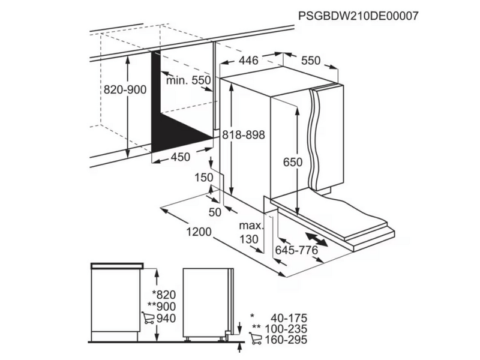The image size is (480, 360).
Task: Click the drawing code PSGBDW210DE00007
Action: tap(358, 16)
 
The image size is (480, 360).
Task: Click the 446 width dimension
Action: tap(248, 61)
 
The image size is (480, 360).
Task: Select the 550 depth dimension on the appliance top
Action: tap(311, 61)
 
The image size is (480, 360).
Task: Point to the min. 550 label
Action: tap(188, 80)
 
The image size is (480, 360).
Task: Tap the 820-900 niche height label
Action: tap(125, 89)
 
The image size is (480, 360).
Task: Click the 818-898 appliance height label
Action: tap(244, 134)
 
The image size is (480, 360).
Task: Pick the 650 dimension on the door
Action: tap(293, 162)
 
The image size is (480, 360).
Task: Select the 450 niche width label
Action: tap(181, 157)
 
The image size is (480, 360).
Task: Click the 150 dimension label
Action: tap(204, 178)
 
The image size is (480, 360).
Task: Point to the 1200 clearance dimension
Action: tap(199, 232)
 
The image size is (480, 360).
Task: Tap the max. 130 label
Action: tap(251, 232)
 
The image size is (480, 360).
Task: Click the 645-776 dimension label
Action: tap(296, 250)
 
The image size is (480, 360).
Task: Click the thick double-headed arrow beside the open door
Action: tap(316, 239)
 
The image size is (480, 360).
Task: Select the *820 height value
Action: tap(164, 295)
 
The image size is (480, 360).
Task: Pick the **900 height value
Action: tap(161, 307)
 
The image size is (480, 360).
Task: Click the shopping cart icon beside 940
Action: tap(148, 318)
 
